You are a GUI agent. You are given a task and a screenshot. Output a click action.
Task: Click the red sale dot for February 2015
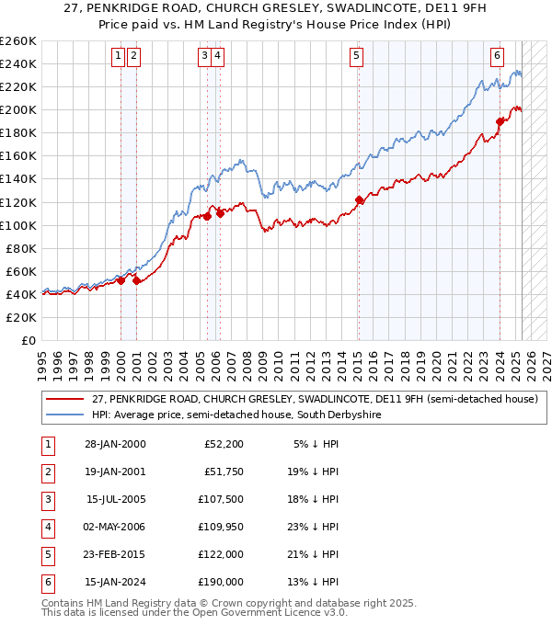point(359,199)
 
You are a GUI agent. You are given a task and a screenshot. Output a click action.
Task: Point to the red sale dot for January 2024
point(500,121)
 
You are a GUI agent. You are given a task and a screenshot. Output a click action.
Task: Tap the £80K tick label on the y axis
point(21,248)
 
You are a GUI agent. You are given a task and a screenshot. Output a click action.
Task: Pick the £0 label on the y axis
point(29,340)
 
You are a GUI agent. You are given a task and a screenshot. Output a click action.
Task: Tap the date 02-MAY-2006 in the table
point(109,527)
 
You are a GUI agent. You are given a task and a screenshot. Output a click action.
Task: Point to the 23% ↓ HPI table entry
point(317,527)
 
